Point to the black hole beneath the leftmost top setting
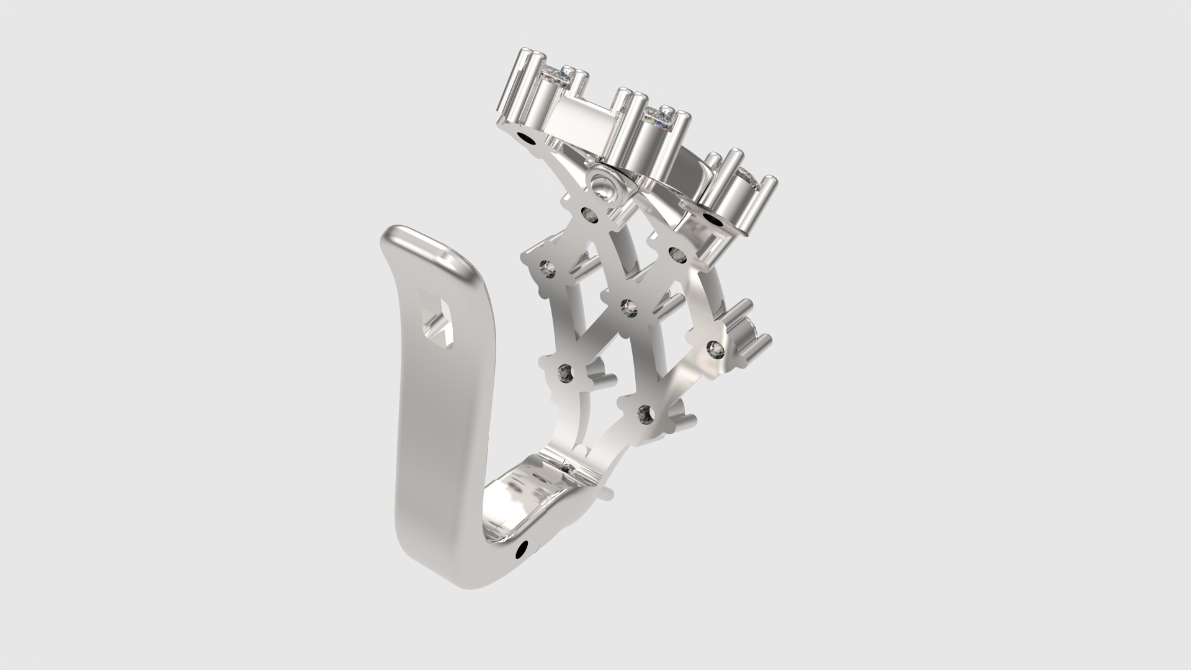click(529, 138)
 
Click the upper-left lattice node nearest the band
click(547, 267)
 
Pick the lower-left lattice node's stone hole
click(566, 372)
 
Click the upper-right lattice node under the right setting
click(677, 252)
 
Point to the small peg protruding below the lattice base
click(607, 494)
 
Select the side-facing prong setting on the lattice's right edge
click(744, 329)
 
